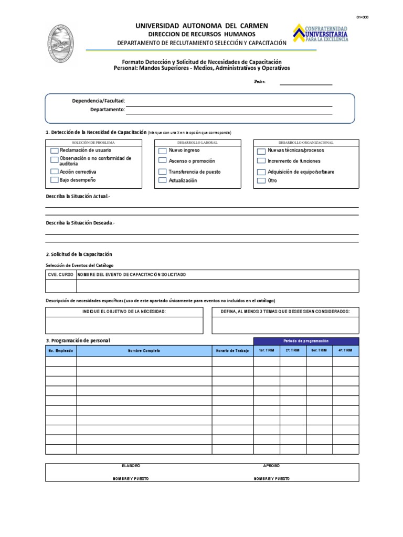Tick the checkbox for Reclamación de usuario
[55, 151]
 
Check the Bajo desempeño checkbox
[55, 180]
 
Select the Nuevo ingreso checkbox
[163, 151]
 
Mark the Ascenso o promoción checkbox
[163, 161]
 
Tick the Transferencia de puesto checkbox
[163, 172]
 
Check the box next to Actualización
[163, 181]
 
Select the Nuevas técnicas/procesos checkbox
[261, 151]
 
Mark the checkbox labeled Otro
[261, 181]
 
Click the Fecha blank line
[306, 82]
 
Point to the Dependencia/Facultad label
[98, 101]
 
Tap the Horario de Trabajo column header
[232, 350]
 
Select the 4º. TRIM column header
[345, 350]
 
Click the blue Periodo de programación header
[306, 341]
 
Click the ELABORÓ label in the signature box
[131, 466]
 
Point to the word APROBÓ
[272, 466]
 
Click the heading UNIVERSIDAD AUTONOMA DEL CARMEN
[201, 26]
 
